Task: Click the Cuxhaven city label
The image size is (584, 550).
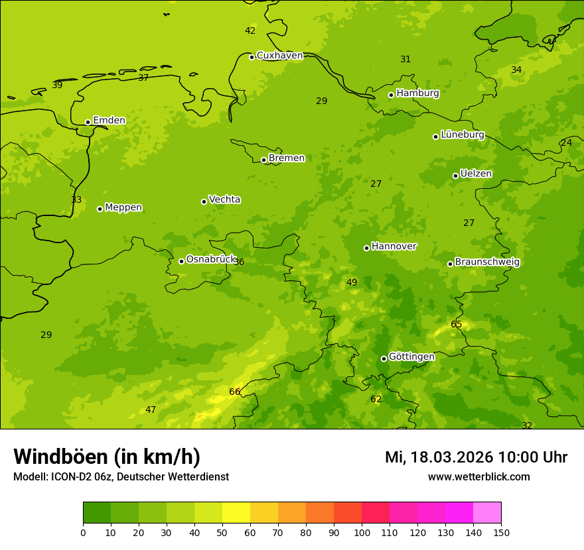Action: tap(279, 56)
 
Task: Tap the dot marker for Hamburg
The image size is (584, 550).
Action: tap(391, 95)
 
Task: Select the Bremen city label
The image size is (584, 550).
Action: tap(287, 158)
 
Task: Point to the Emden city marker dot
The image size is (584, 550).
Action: tap(88, 122)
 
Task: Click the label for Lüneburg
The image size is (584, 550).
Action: tap(463, 135)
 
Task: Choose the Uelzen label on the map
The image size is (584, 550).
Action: tap(476, 174)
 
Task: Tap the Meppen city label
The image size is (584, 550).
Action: tap(123, 207)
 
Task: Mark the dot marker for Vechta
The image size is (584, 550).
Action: tap(204, 201)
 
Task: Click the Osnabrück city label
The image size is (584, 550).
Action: tap(211, 259)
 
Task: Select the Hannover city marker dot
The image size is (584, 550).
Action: tap(366, 248)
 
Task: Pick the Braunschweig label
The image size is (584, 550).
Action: tap(487, 262)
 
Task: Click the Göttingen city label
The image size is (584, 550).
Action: tap(411, 357)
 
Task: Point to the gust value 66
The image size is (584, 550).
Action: tap(235, 392)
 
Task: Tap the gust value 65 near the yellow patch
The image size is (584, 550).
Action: tap(457, 324)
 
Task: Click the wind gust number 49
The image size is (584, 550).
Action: tap(352, 283)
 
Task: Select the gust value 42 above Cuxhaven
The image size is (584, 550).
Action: tap(250, 31)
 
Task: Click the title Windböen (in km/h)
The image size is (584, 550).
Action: tap(107, 457)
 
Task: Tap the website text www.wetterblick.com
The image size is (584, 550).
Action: tap(479, 476)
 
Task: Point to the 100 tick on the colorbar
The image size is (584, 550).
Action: tap(362, 531)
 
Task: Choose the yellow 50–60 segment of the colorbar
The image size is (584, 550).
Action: tap(236, 512)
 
